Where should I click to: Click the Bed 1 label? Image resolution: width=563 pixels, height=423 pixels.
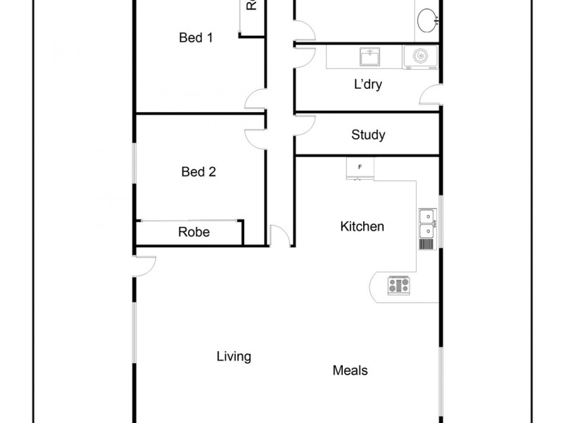point(196,38)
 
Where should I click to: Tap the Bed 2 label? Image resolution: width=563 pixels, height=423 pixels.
point(198,171)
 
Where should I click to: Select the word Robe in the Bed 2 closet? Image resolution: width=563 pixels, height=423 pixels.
point(194,231)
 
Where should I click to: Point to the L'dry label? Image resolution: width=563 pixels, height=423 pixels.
point(368,85)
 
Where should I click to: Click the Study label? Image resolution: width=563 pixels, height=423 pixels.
point(368,135)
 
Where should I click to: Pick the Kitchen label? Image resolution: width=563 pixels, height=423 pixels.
point(362,226)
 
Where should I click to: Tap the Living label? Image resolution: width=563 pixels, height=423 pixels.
point(234,356)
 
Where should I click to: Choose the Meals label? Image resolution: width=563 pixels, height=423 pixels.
point(350,370)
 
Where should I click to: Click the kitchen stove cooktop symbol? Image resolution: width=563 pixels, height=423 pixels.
point(398,286)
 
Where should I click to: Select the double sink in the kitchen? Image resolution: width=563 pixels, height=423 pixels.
point(426,223)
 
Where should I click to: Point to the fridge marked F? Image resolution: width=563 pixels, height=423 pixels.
point(360,167)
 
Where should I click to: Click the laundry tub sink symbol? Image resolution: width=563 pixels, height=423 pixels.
point(369,56)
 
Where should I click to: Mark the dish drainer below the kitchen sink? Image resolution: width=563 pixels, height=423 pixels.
point(426,244)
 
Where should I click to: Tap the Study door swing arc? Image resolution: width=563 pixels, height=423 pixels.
point(304,125)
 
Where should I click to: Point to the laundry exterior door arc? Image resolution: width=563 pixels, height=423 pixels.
point(431,95)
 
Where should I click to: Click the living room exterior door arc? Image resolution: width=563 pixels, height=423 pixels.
point(145,266)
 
